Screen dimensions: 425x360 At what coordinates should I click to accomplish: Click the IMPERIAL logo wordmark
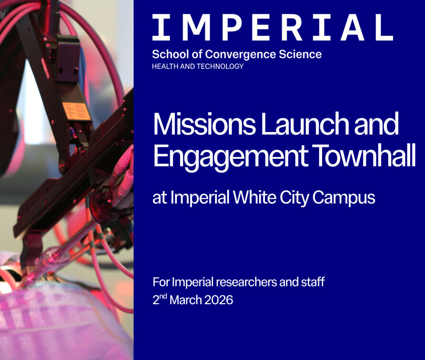tap(273, 27)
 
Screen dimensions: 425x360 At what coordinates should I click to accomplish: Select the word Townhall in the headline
tap(364, 155)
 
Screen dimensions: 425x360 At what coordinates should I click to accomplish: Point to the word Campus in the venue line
tap(344, 198)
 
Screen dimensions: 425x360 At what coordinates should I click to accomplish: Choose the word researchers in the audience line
tap(246, 282)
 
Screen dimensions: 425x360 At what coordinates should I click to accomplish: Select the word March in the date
tap(186, 300)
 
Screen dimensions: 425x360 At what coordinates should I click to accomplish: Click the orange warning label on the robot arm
tap(77, 111)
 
